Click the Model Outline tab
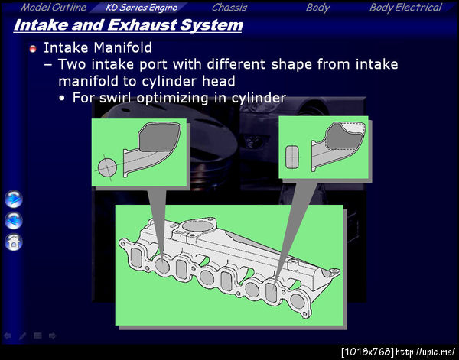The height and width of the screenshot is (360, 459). coord(54,8)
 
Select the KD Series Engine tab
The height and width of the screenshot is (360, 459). coord(142,8)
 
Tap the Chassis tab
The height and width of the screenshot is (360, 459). coord(229,8)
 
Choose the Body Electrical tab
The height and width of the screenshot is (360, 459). coord(405,8)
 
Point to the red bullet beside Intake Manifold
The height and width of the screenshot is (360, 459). coord(33,49)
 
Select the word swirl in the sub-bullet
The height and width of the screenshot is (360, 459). coord(116,97)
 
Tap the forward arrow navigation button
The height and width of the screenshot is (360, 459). coord(14,199)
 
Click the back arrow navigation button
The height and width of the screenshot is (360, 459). coord(14,220)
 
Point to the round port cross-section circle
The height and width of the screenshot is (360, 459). coord(107,168)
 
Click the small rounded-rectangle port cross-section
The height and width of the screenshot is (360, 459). coord(292,157)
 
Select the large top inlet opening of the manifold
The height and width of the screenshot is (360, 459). coord(198,226)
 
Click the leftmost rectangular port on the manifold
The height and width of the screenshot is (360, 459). coord(136,258)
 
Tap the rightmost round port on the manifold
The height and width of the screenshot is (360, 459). coord(298,300)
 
